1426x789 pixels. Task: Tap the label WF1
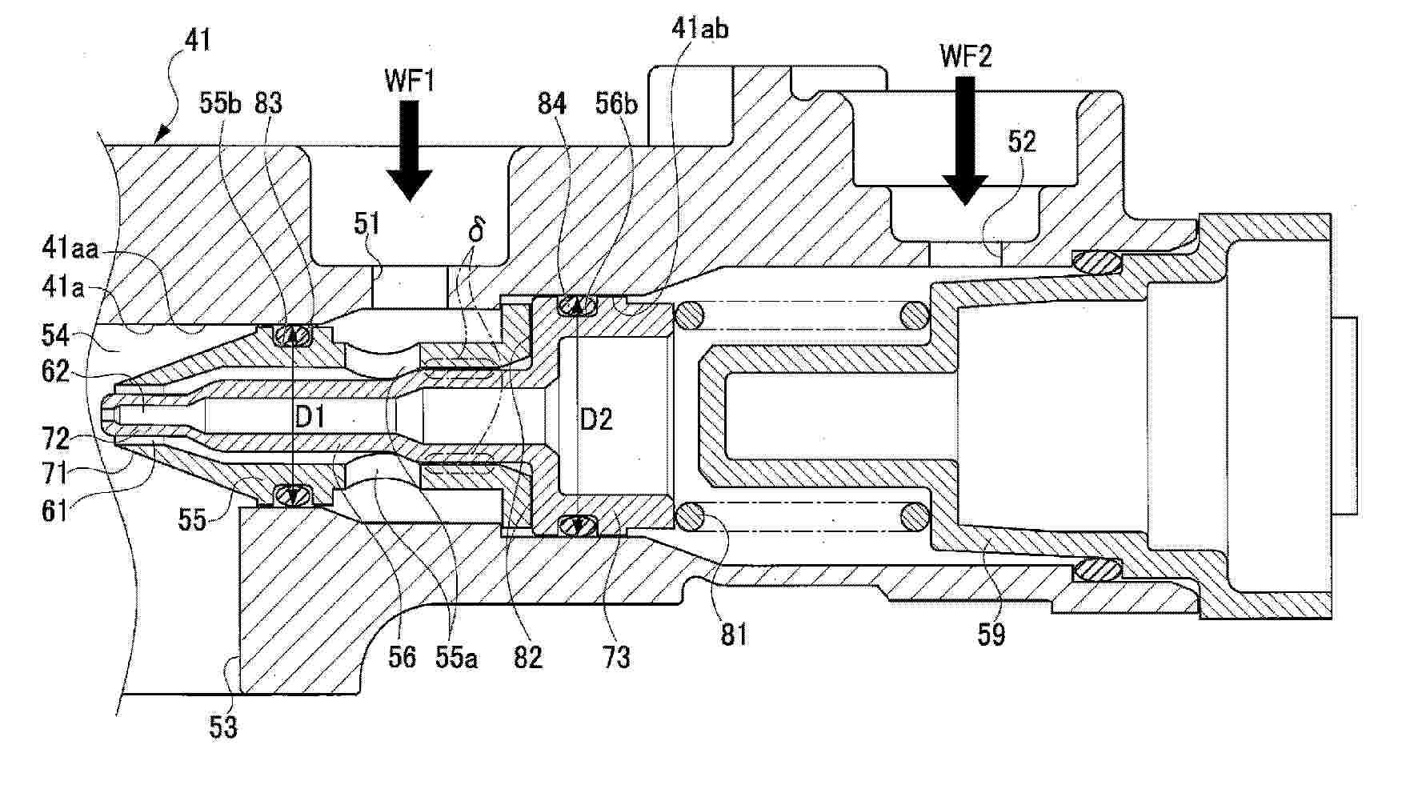(410, 81)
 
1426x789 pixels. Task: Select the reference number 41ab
(700, 29)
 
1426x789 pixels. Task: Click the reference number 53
(222, 727)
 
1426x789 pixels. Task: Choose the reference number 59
(991, 634)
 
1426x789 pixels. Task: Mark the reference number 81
(733, 634)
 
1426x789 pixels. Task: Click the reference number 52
(1022, 142)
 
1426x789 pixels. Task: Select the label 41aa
(70, 250)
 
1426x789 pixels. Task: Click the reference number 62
(57, 372)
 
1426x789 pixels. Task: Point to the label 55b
(219, 104)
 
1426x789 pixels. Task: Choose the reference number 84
(552, 104)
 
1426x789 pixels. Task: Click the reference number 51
(367, 224)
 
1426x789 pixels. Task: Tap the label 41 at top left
(198, 39)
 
